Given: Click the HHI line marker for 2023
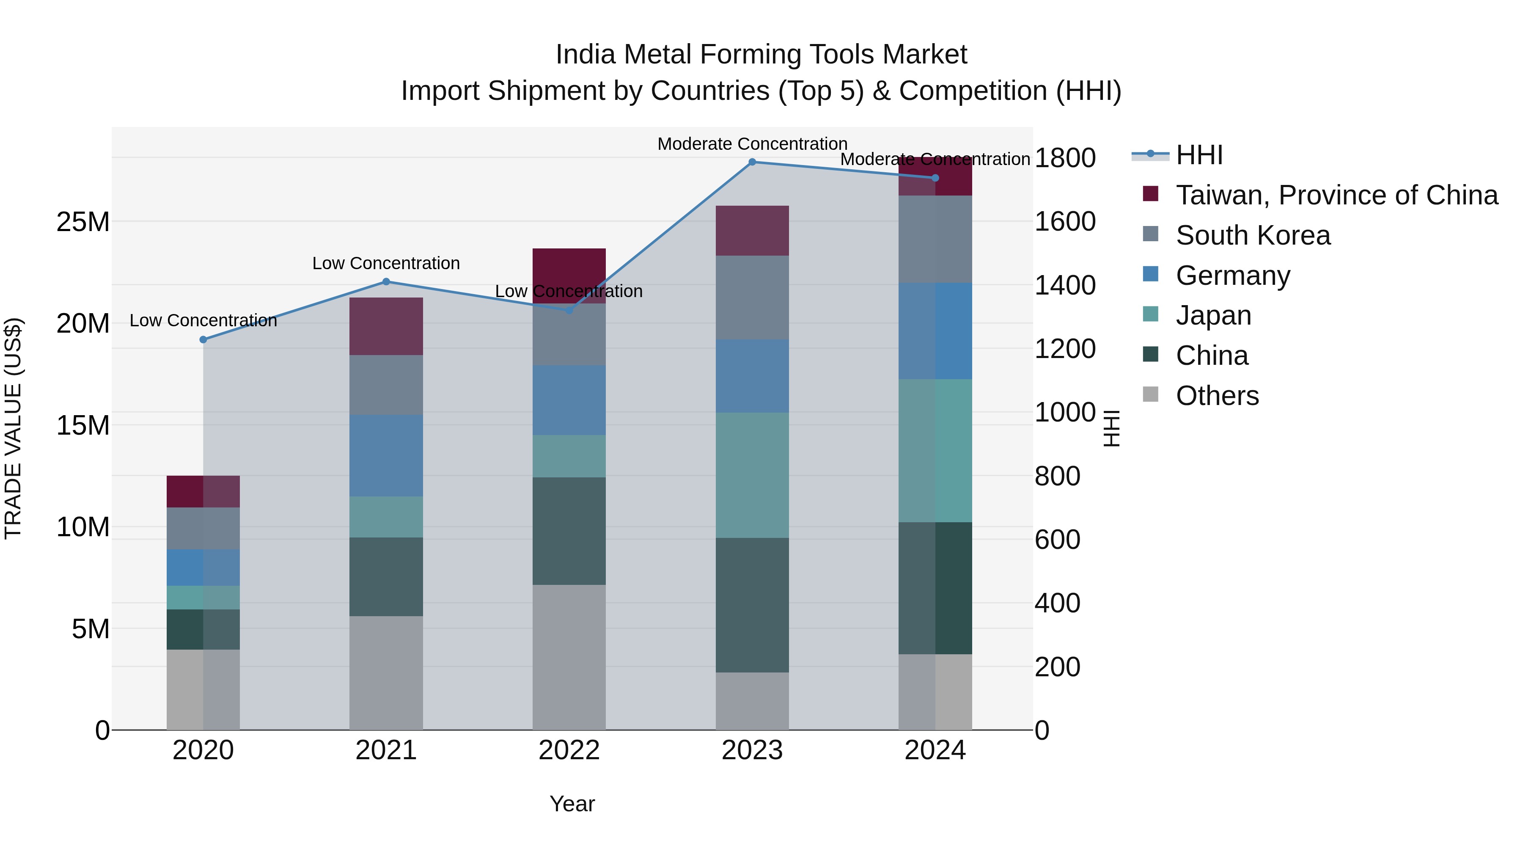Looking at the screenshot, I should pyautogui.click(x=752, y=162).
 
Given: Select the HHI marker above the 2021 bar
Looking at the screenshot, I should pyautogui.click(x=386, y=281).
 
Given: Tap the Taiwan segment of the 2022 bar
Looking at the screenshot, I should pyautogui.click(x=569, y=275).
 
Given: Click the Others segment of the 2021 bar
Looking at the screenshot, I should pyautogui.click(x=386, y=672).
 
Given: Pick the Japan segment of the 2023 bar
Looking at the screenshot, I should pyautogui.click(x=752, y=475).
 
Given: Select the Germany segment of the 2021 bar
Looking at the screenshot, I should pyautogui.click(x=386, y=455).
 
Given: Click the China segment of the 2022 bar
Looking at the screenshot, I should pyautogui.click(x=569, y=531).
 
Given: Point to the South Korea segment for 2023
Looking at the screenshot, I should pyautogui.click(x=752, y=297).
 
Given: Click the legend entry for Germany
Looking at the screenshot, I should pyautogui.click(x=1233, y=276).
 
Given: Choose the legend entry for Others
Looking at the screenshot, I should pyautogui.click(x=1217, y=396).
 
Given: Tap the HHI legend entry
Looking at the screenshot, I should pyautogui.click(x=1199, y=155).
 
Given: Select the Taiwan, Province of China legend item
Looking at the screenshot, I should pyautogui.click(x=1336, y=195).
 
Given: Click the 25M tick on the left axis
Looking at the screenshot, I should pyautogui.click(x=83, y=222).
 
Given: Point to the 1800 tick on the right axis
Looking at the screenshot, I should pyautogui.click(x=1065, y=158).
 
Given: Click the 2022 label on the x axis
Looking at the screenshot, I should pyautogui.click(x=569, y=750).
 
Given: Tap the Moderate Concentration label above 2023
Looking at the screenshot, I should pyautogui.click(x=752, y=144).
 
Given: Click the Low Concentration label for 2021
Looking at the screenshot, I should pyautogui.click(x=386, y=263).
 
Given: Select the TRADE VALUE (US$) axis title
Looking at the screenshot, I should pyautogui.click(x=13, y=428).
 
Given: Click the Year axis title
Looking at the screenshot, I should pyautogui.click(x=572, y=804).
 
